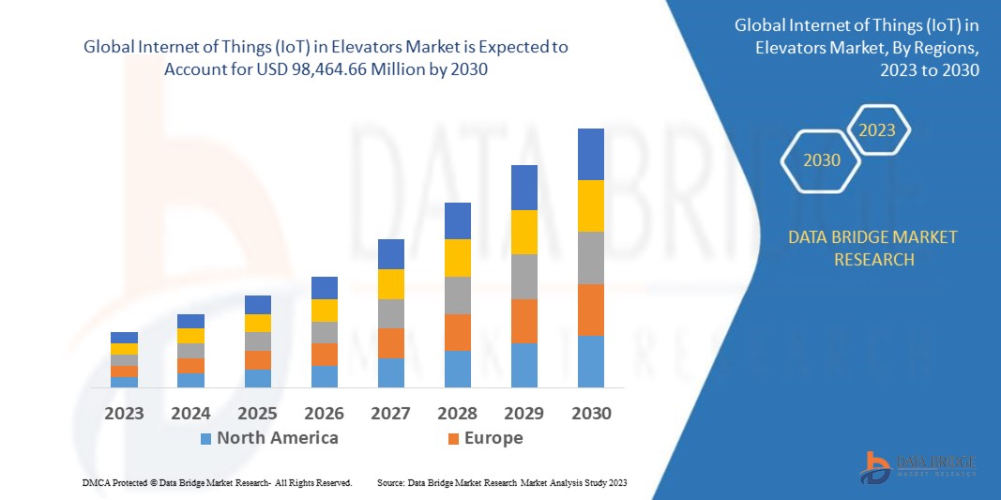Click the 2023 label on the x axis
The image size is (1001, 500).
(x=124, y=413)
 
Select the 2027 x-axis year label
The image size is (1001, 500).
(x=390, y=413)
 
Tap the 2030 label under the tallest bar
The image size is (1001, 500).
(x=590, y=413)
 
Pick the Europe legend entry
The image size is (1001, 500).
(x=483, y=438)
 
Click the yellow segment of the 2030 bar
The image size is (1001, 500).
(x=590, y=205)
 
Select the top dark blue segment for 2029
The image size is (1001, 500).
(x=523, y=188)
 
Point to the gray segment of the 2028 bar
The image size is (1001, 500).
(x=457, y=295)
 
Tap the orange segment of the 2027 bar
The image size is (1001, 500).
(x=390, y=343)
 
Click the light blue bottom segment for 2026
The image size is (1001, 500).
(x=324, y=376)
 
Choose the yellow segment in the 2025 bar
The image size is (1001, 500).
(x=257, y=323)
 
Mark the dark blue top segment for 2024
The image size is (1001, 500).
(x=190, y=321)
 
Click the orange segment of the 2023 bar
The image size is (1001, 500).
(x=124, y=371)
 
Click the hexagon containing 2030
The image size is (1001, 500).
(x=822, y=160)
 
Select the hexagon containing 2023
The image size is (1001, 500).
(x=877, y=130)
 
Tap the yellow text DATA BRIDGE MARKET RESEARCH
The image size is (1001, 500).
(x=873, y=248)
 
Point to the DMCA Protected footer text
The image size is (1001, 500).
(x=216, y=482)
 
